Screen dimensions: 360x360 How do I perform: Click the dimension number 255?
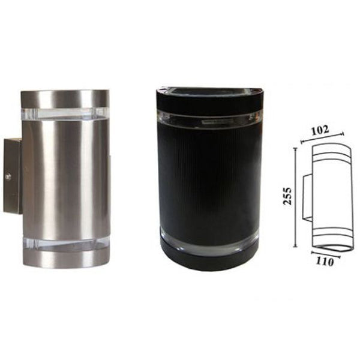pos(289,195)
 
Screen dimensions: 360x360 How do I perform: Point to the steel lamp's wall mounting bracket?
pos(13,176)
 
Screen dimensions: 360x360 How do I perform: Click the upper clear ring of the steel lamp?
pos(65,113)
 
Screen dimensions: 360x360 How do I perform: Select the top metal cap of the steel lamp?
pos(65,98)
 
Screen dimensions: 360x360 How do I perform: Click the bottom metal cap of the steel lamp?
pos(65,259)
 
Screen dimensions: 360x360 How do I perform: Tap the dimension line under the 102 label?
pos(322,137)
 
